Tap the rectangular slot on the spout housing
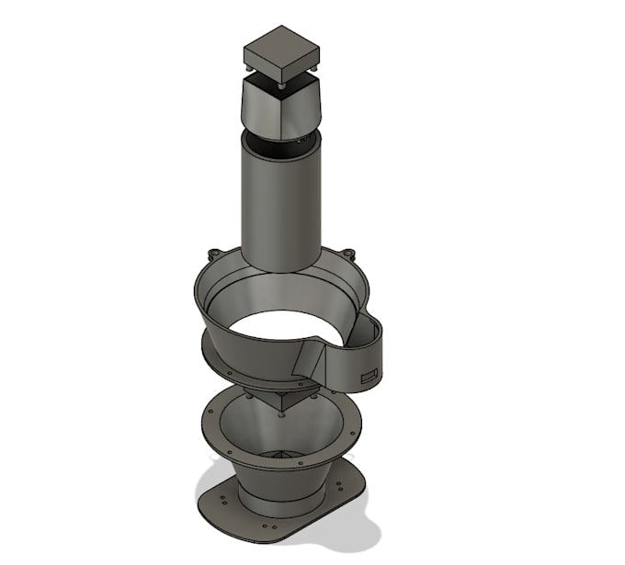(369, 374)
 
